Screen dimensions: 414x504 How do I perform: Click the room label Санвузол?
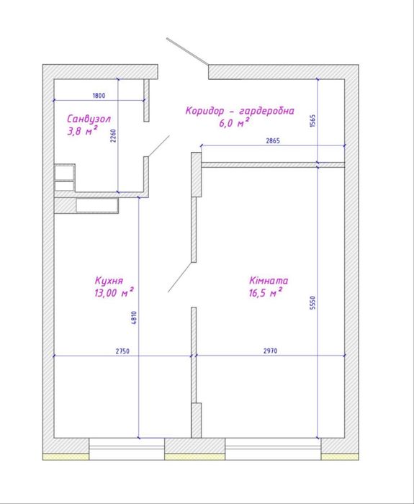click(x=89, y=119)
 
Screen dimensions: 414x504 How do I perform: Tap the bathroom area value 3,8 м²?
click(x=82, y=130)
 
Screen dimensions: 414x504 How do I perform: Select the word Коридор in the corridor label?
click(x=204, y=111)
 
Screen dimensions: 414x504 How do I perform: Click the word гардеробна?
click(x=267, y=111)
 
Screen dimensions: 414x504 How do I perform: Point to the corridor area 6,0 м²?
click(x=234, y=122)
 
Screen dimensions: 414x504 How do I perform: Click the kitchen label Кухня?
click(x=109, y=280)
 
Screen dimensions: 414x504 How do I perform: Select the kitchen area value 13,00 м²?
click(x=114, y=292)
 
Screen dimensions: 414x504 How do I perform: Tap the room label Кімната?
click(x=269, y=280)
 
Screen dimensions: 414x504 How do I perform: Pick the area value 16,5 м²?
click(x=266, y=292)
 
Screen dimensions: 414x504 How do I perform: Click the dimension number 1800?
click(x=99, y=96)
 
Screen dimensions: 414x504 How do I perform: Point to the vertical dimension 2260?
click(x=113, y=136)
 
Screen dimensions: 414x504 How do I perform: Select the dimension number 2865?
click(x=273, y=140)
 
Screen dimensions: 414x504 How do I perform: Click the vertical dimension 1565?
click(x=312, y=121)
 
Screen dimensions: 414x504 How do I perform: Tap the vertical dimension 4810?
click(x=134, y=318)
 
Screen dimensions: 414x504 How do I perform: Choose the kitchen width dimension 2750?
click(x=122, y=351)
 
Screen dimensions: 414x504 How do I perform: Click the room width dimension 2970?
click(x=270, y=351)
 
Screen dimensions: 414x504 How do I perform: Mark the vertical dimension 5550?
click(x=312, y=303)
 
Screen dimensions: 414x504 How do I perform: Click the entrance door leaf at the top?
click(x=188, y=52)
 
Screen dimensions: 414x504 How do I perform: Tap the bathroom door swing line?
click(x=159, y=146)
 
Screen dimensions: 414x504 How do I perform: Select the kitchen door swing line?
click(x=180, y=277)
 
